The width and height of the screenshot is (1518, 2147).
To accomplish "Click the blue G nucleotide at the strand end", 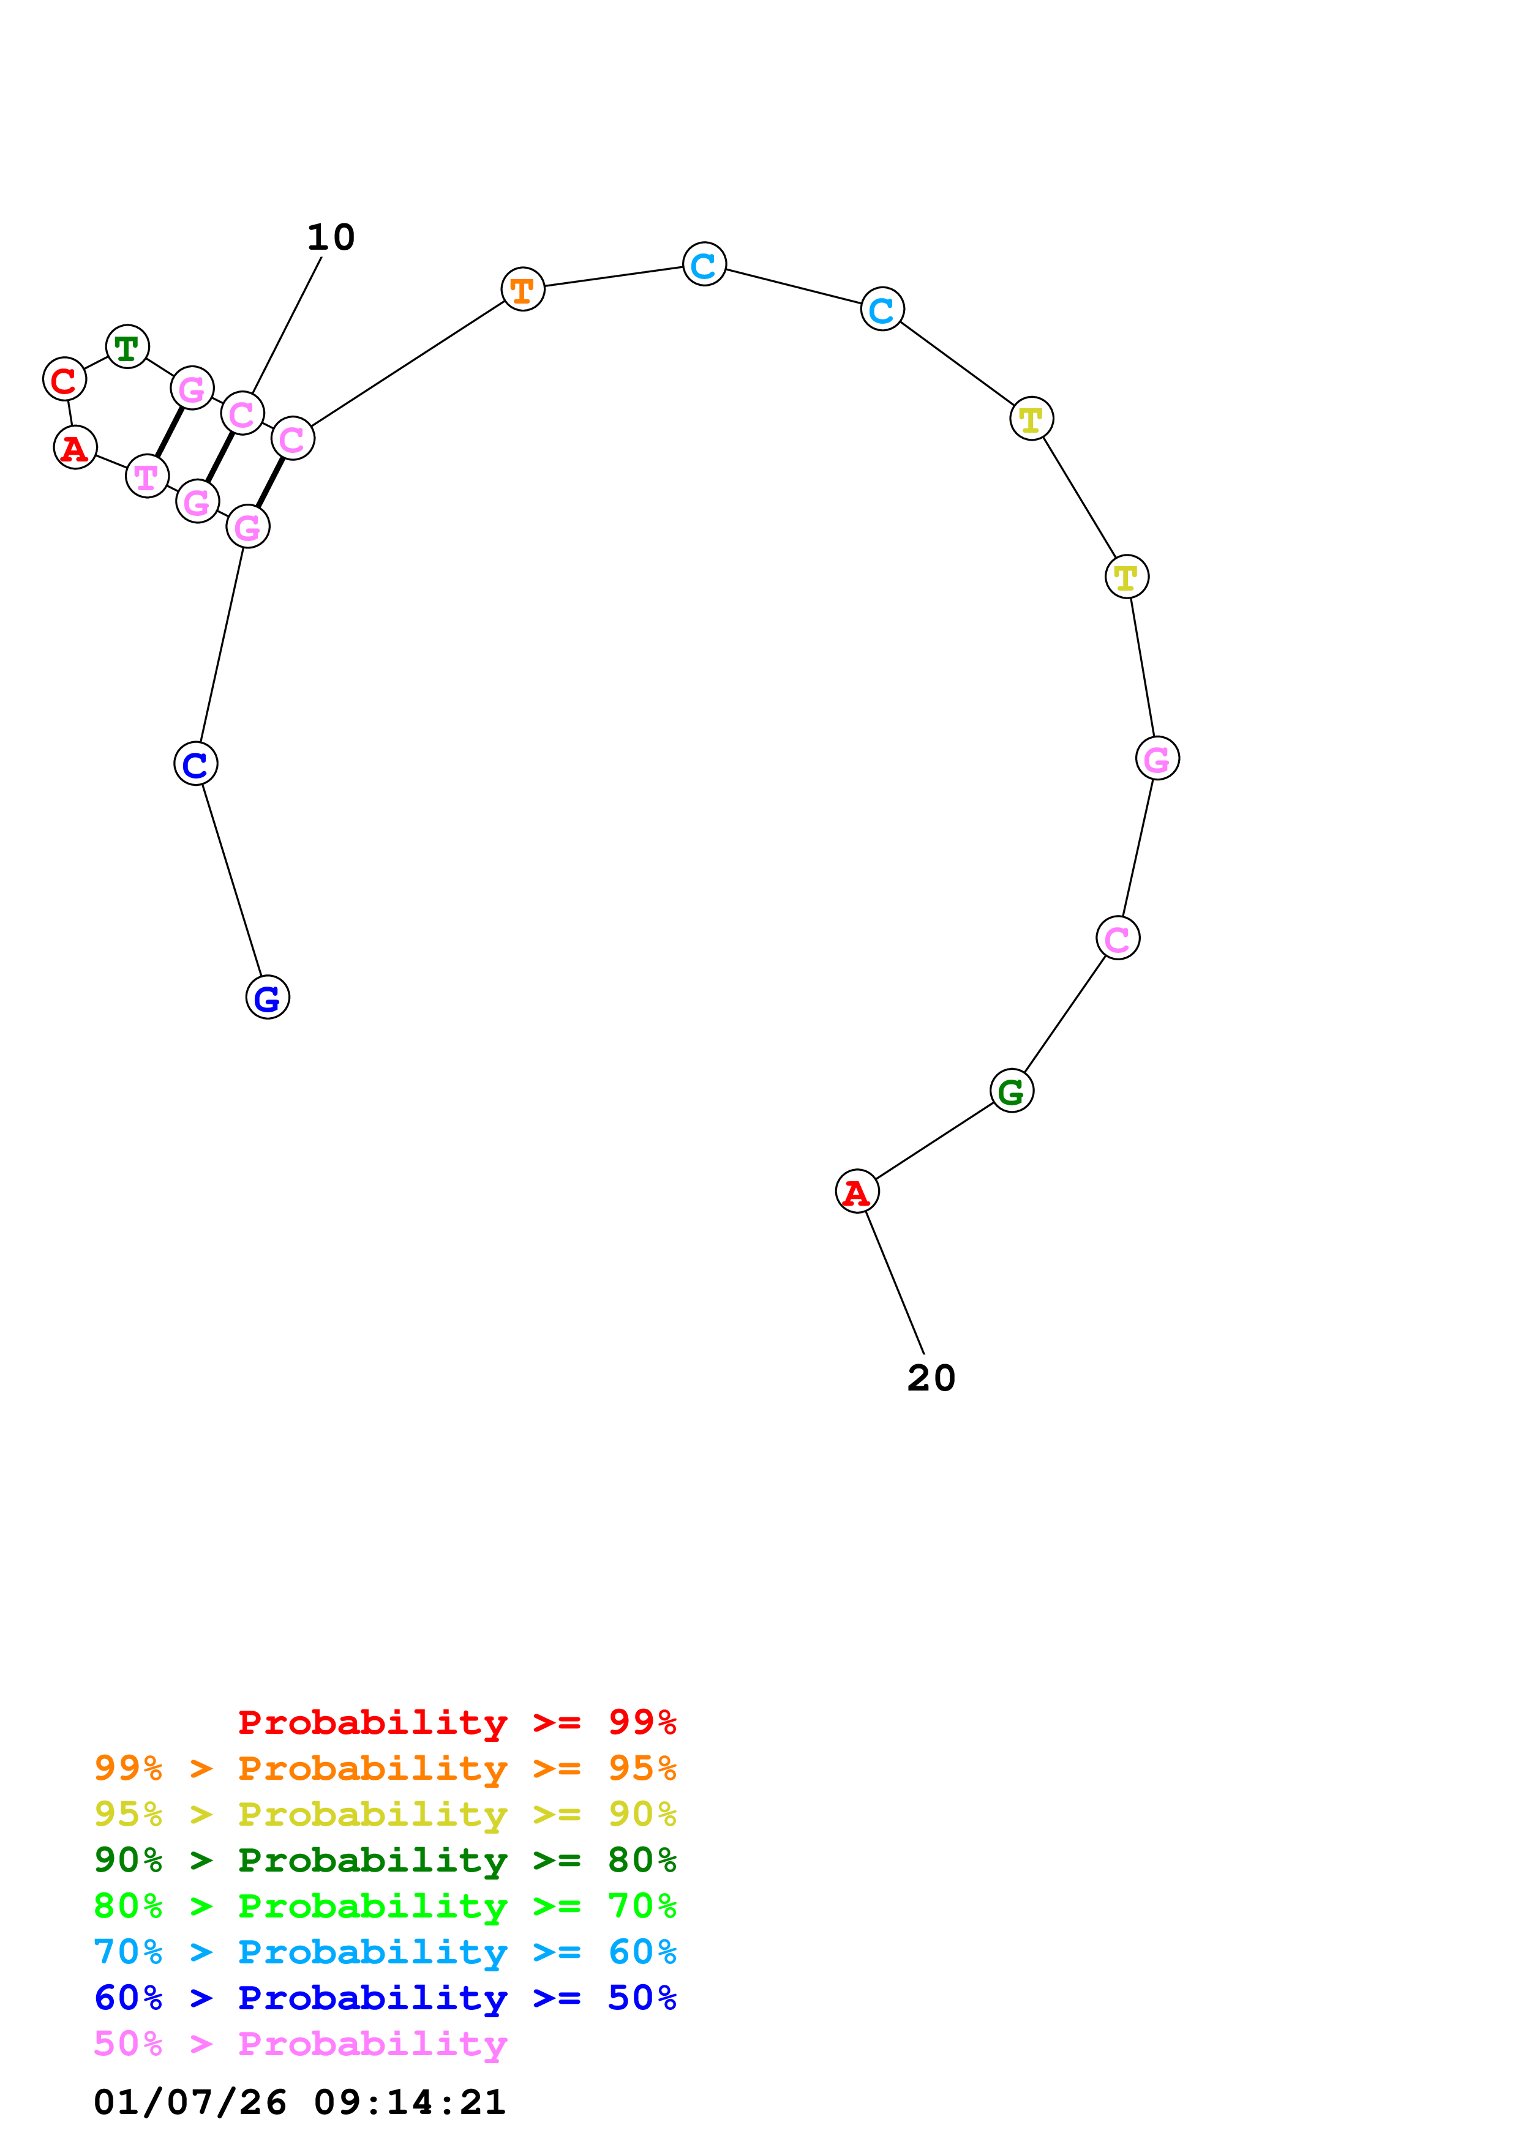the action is coord(268,997).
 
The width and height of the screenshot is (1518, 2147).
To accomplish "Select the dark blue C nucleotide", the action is coord(195,764).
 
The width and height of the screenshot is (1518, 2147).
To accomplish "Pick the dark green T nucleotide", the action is coord(127,347).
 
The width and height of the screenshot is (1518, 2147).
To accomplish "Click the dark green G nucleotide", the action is coord(1011,1091).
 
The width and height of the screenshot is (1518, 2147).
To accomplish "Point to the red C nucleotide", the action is coord(64,379).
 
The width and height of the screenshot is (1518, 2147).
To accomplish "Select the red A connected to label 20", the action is coord(857,1192).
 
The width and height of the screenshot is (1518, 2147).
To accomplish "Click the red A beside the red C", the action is coord(75,448).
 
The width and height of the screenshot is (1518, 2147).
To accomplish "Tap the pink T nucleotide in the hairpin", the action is coord(147,477).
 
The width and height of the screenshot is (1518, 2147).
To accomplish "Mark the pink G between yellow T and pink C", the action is coord(1157,758).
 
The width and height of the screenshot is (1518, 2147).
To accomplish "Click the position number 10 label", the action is coord(331,237).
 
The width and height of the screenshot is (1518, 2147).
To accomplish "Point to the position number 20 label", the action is coord(931,1378).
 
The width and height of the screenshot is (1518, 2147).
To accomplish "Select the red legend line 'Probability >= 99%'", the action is coord(456,1722).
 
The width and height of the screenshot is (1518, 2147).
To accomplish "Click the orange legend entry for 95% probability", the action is coord(385,1768).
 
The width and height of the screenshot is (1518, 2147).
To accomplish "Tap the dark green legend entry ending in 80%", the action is coord(385,1860).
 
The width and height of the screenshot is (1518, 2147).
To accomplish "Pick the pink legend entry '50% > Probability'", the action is coord(300,2043).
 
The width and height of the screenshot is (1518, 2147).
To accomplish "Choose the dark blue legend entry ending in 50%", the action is coord(385,1998).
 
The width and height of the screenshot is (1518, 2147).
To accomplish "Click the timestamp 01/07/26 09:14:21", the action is coord(300,2102).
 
